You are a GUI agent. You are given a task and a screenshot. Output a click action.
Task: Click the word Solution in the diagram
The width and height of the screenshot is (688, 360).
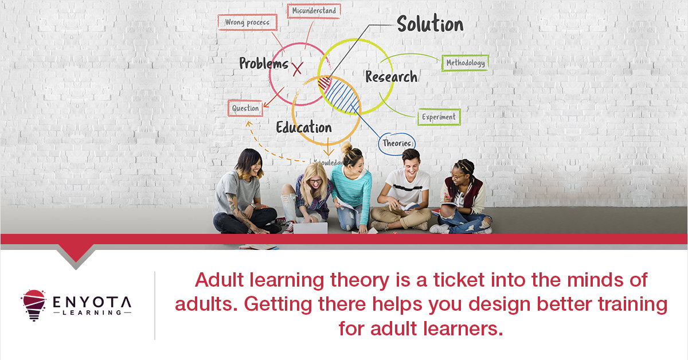430,24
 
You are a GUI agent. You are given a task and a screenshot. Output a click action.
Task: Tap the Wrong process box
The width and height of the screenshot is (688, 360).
247,22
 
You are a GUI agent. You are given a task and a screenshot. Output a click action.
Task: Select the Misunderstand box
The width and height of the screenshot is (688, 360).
314,11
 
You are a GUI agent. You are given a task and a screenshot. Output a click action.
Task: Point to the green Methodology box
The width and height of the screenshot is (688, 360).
465,62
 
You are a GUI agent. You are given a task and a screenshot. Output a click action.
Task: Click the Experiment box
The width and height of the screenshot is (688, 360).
439,117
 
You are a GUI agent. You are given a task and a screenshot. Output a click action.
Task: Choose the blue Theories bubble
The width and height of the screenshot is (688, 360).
397,143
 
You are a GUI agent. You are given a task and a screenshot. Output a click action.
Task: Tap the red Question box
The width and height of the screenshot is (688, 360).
245,108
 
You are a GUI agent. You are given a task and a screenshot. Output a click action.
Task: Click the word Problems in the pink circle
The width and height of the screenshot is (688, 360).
263,63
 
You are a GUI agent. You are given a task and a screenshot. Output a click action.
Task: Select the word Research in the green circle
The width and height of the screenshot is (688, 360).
391,76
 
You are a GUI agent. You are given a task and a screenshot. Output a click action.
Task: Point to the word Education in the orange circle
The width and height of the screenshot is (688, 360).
303,127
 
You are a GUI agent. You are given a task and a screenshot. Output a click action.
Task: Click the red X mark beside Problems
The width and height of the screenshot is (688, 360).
297,70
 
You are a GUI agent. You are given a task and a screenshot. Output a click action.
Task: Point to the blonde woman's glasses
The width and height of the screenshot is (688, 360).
315,181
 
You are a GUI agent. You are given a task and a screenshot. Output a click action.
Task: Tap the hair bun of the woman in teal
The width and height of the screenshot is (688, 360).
347,147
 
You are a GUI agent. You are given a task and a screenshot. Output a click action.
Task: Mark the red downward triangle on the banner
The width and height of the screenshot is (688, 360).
76,252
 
